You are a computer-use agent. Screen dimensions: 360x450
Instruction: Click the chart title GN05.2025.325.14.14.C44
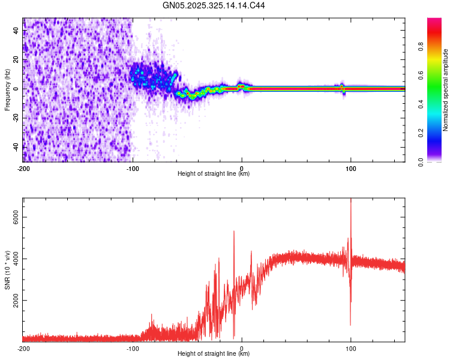[x=214, y=6]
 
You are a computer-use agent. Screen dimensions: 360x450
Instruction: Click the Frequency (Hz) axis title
[x=7, y=90]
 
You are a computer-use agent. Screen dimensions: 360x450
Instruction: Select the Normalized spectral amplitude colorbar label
[x=446, y=90]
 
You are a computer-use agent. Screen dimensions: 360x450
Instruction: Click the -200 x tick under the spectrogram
[x=23, y=168]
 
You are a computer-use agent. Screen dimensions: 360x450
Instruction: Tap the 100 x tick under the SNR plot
[x=350, y=348]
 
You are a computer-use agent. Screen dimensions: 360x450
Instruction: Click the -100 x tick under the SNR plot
[x=133, y=348]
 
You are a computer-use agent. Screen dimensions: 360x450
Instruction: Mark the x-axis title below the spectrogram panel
[x=214, y=174]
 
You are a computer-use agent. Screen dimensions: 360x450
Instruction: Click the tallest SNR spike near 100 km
[x=350, y=200]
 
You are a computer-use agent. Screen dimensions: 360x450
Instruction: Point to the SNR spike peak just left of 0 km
[x=234, y=231]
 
